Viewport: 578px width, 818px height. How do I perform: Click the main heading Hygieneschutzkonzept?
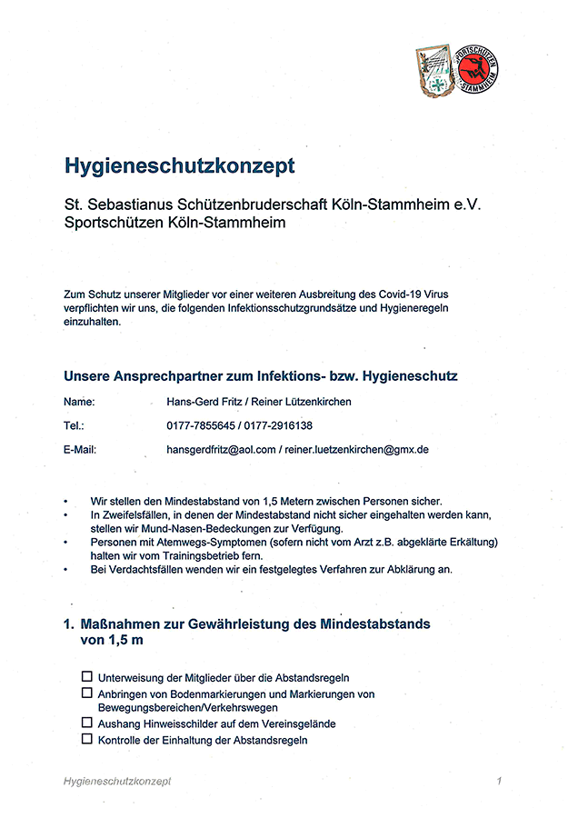tap(179, 165)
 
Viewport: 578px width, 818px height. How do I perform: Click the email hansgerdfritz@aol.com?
tap(221, 449)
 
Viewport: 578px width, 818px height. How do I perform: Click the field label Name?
tap(79, 402)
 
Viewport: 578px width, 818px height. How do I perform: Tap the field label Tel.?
tap(75, 425)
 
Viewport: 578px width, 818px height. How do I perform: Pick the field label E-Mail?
tap(80, 449)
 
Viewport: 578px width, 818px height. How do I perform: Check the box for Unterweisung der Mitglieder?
tap(87, 676)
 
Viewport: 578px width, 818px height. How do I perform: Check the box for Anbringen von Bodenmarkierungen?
tap(87, 693)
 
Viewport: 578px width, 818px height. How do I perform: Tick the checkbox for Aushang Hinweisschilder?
tap(87, 723)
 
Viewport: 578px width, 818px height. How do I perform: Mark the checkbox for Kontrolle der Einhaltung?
tap(87, 739)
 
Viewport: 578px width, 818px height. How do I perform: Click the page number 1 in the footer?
tap(499, 781)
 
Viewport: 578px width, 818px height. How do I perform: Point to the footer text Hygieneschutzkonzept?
tap(118, 781)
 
